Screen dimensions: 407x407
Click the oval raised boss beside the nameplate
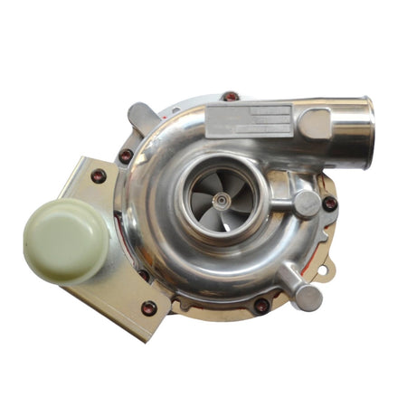(314, 122)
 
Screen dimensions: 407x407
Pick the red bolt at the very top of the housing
(232, 95)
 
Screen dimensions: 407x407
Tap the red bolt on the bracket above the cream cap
(98, 176)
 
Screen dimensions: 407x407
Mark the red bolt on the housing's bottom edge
(261, 305)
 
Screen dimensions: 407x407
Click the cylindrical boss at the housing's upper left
(142, 117)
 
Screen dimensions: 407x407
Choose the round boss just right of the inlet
(305, 203)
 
